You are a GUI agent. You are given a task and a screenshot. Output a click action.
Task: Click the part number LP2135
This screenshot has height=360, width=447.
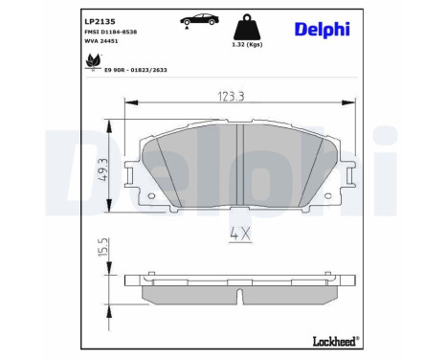pos(100,22)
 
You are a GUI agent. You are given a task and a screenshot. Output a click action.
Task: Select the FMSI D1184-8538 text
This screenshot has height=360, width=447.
pos(111,32)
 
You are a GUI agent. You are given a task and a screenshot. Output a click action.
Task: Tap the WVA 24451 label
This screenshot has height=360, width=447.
pos(101,41)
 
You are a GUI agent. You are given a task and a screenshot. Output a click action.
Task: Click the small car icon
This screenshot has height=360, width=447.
pos(199,20)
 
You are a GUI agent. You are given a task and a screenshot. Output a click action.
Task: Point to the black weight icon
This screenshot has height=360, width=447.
pos(247,27)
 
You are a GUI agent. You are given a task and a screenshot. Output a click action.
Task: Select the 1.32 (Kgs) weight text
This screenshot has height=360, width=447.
pos(247,44)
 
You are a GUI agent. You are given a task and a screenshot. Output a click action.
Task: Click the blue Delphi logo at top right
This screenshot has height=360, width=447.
pos(323,30)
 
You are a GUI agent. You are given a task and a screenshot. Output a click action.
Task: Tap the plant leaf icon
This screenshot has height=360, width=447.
pos(93,61)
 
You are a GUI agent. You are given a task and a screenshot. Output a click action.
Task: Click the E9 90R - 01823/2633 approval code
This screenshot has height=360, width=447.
pos(136,70)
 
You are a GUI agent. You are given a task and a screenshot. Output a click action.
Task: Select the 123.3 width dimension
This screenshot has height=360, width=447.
pos(231,97)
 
